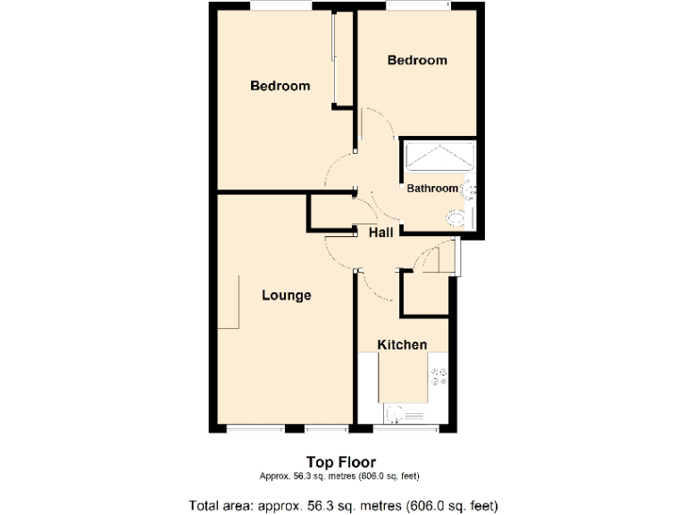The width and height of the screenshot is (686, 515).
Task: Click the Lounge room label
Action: pyautogui.click(x=286, y=295)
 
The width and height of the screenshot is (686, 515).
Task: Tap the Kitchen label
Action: pyautogui.click(x=401, y=345)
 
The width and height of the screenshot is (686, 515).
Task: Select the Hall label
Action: pyautogui.click(x=382, y=232)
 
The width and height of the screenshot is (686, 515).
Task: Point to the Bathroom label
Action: pyautogui.click(x=432, y=189)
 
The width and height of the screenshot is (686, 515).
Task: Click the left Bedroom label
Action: pyautogui.click(x=280, y=87)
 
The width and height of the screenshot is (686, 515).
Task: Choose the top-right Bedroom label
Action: pyautogui.click(x=416, y=60)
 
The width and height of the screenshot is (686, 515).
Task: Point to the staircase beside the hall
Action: pyautogui.click(x=438, y=259)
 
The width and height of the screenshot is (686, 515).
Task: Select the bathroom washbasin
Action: pyautogui.click(x=471, y=189)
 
